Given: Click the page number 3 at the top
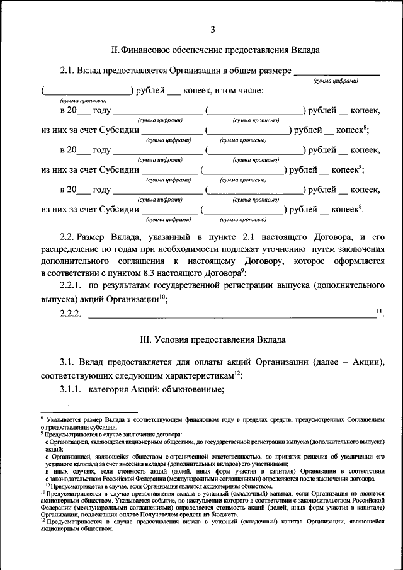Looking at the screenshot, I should click(x=213, y=30).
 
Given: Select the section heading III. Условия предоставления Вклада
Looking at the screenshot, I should click(x=213, y=339).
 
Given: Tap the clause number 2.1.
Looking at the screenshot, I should click(x=67, y=71).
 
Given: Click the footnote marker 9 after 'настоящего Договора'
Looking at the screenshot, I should click(x=242, y=270).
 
